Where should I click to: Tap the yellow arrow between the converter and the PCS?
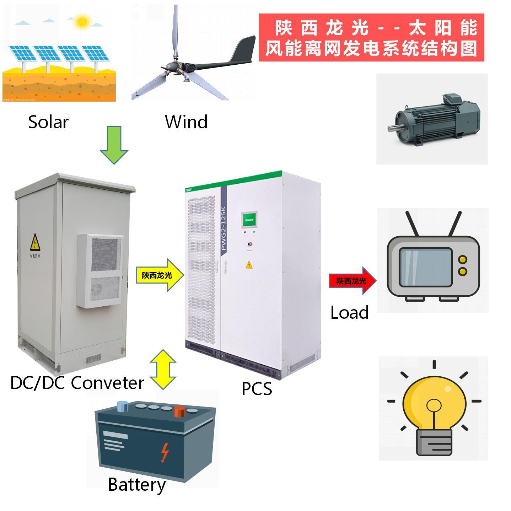coord(160,275)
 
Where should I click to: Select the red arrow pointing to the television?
coord(352,281)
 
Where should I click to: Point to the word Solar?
coord(48,122)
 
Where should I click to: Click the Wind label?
coord(186,122)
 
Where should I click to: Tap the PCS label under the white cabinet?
coord(257,388)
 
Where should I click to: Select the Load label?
coord(349,313)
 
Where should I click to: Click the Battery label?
coord(137,485)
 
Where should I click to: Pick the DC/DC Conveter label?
coord(77,383)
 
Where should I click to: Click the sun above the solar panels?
coord(82,22)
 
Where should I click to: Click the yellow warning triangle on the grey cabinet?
coord(35,243)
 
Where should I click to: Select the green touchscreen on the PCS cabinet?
coord(249,221)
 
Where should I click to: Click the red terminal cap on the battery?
coord(179,412)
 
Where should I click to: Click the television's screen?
coord(425,267)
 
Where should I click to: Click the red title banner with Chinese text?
coord(371,37)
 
